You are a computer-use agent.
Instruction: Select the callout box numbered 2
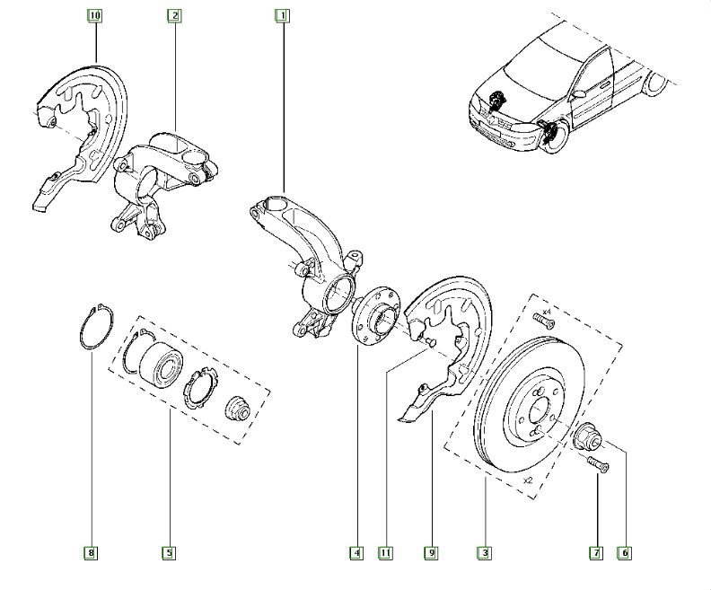pos(174,15)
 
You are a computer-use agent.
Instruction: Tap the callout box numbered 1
pos(282,15)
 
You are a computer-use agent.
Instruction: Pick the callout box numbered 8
pos(91,553)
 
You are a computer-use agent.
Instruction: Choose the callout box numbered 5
pos(168,553)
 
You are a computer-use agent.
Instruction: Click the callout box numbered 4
pos(357,553)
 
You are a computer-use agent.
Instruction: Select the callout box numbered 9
pos(431,553)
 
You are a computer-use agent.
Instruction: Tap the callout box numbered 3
pos(485,553)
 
